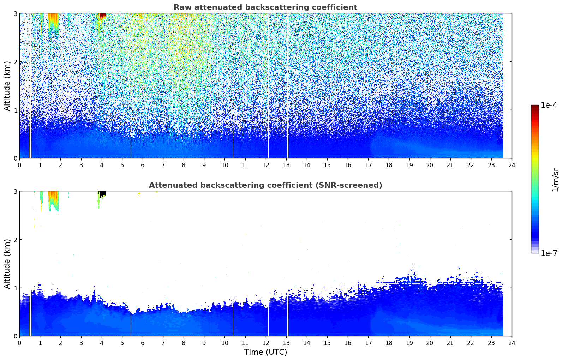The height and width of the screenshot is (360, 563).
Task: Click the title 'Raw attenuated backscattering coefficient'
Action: pyautogui.click(x=265, y=7)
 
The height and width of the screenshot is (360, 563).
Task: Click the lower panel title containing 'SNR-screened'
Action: pyautogui.click(x=265, y=185)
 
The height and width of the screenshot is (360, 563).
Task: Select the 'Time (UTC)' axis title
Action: pyautogui.click(x=265, y=352)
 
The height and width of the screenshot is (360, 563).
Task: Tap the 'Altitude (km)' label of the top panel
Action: pyautogui.click(x=7, y=86)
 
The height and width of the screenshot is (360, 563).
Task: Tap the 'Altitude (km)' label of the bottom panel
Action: pyautogui.click(x=7, y=264)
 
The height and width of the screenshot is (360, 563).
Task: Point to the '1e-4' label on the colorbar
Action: pyautogui.click(x=549, y=105)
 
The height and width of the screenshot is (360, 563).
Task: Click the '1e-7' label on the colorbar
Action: pyautogui.click(x=549, y=253)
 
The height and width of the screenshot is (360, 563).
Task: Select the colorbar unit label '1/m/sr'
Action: pyautogui.click(x=555, y=180)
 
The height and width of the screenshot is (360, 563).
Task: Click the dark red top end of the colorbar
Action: pyautogui.click(x=535, y=107)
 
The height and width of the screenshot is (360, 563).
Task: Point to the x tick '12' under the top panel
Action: pyautogui.click(x=266, y=165)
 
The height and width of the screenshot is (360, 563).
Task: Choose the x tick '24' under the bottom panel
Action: pyautogui.click(x=512, y=343)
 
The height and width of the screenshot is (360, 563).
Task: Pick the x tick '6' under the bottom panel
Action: pyautogui.click(x=143, y=343)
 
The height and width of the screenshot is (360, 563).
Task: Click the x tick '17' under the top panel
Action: pyautogui.click(x=368, y=165)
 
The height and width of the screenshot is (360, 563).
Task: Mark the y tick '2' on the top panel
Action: pyautogui.click(x=15, y=62)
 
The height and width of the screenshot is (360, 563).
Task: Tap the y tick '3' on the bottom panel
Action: pyautogui.click(x=15, y=191)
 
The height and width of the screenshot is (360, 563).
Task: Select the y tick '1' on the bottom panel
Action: pyautogui.click(x=15, y=288)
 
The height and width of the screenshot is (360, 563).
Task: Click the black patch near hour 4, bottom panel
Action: pyautogui.click(x=102, y=194)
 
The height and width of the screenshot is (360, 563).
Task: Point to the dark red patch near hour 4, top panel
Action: pyautogui.click(x=102, y=16)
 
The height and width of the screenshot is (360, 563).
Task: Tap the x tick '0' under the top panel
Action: pyautogui.click(x=19, y=165)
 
